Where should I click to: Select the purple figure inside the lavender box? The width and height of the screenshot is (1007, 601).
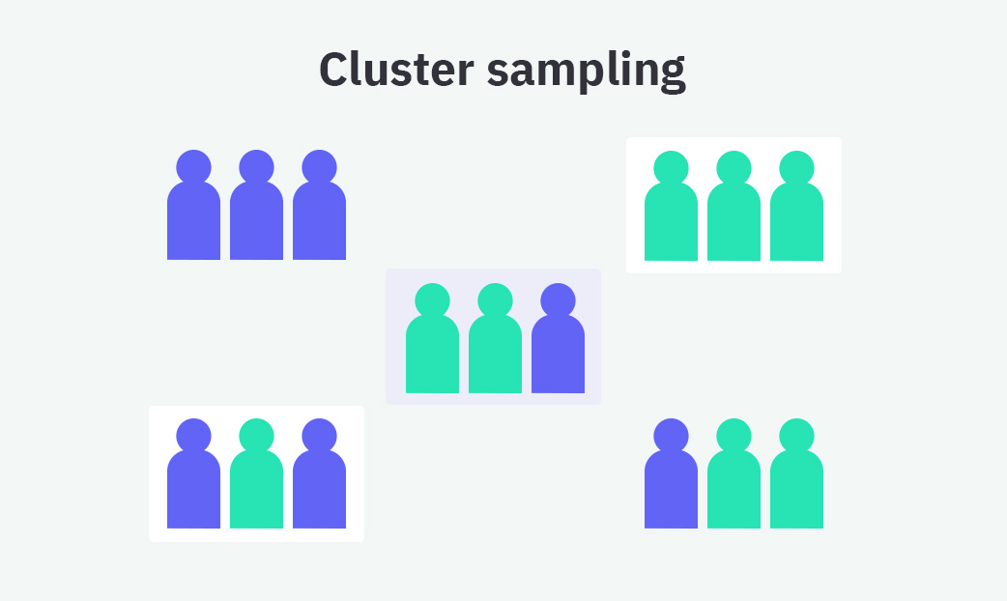click(558, 353)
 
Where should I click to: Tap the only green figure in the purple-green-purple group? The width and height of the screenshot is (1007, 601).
click(256, 488)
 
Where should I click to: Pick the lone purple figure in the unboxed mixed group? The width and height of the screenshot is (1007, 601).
click(671, 488)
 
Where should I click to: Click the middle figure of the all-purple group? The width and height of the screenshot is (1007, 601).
click(256, 219)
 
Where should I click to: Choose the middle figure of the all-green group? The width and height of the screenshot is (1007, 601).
click(734, 220)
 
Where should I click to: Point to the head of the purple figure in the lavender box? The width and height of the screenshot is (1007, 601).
click(558, 300)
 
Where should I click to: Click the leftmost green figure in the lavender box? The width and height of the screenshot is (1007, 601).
click(432, 353)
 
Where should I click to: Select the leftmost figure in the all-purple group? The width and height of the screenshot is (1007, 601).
click(193, 219)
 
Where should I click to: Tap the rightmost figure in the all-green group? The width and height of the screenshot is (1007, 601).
click(796, 220)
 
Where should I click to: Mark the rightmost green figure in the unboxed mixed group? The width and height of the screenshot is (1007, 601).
click(796, 488)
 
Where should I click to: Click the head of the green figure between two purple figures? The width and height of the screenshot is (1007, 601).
click(256, 436)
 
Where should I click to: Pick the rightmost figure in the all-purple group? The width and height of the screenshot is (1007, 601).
click(319, 219)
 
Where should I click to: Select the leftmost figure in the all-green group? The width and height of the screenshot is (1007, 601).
click(671, 220)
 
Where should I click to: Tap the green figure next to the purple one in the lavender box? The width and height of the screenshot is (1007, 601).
click(495, 353)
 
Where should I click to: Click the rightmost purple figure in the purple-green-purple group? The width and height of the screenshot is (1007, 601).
click(319, 488)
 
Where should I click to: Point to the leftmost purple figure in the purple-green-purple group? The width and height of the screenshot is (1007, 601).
click(193, 488)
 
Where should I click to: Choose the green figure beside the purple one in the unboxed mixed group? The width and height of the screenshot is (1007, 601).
click(734, 488)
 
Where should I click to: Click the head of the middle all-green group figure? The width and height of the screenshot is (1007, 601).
click(734, 168)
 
